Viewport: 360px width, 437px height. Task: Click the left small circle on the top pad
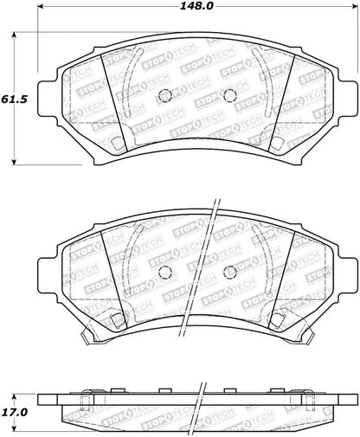pos(168,96)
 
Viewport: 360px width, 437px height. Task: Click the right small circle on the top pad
pos(229,96)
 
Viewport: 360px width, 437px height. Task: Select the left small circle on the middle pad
pos(168,272)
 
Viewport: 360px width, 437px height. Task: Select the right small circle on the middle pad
pos(229,272)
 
